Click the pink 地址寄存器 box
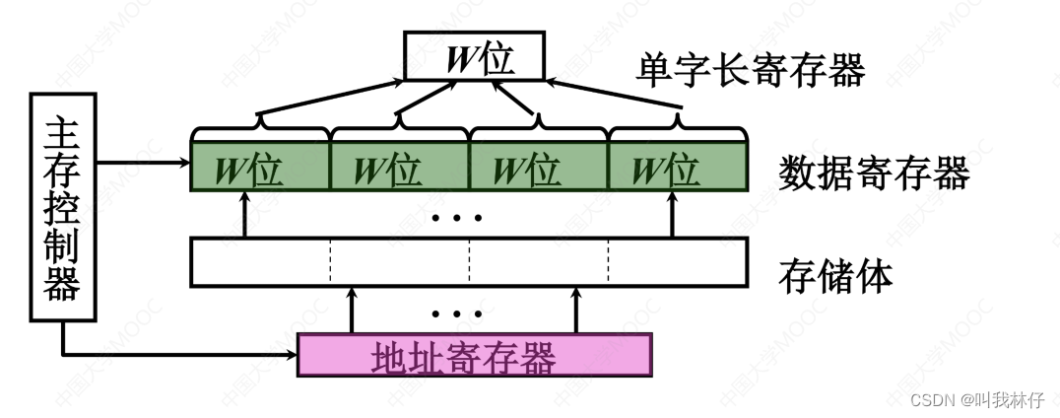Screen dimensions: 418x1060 click(x=474, y=355)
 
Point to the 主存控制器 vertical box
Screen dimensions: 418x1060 click(x=63, y=207)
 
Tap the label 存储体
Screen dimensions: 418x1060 click(x=835, y=276)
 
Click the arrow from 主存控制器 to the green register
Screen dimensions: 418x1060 click(x=143, y=162)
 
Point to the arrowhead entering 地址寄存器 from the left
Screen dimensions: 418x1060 click(x=290, y=354)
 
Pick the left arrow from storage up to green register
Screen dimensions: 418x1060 click(x=245, y=215)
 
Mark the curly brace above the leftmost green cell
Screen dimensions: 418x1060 click(x=259, y=129)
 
